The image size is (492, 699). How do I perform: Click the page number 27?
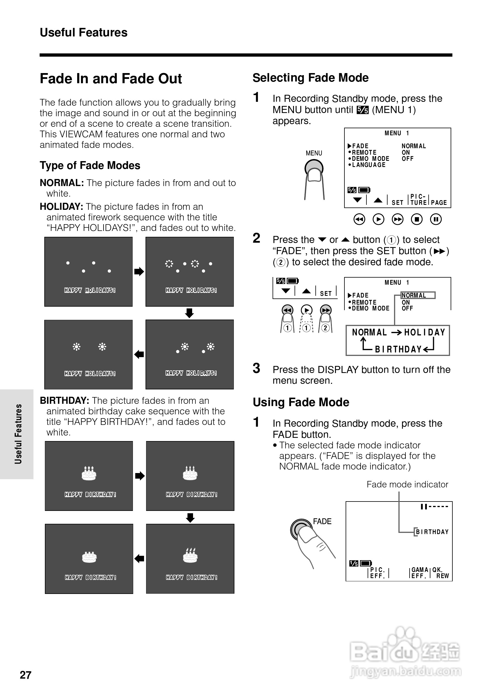coord(26,675)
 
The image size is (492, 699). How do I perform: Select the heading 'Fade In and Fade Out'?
coord(111,79)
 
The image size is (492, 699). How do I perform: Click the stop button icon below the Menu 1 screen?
coord(417,219)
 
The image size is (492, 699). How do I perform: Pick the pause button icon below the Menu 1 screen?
coord(436,219)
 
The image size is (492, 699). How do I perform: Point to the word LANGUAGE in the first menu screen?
coord(369,165)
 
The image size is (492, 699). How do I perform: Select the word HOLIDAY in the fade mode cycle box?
coord(425,332)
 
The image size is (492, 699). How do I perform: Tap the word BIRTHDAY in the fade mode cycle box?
coord(398,349)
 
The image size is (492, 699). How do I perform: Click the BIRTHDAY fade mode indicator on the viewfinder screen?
coord(432,532)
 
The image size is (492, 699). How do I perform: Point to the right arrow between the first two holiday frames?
coord(139,271)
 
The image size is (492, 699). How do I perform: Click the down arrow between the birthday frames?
coord(190,518)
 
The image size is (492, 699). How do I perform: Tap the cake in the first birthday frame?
coord(89,473)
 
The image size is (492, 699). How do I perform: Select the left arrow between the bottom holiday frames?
coord(139,354)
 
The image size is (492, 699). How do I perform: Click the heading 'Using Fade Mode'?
coord(301,402)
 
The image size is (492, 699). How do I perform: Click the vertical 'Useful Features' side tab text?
coord(18,434)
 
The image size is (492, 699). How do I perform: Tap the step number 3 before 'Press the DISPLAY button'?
coord(257,368)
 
